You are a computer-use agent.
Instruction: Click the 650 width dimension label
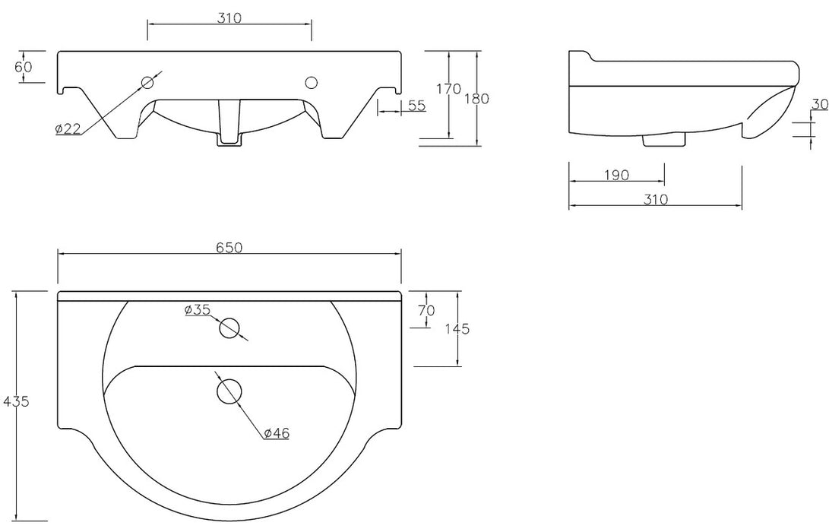pos(229,248)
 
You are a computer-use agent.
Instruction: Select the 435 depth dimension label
pos(16,401)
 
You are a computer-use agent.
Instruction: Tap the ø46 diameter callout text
pos(277,433)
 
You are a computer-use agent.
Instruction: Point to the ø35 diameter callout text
pos(198,310)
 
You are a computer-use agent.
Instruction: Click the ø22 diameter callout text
pos(68,128)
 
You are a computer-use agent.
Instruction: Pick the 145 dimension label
pos(457,329)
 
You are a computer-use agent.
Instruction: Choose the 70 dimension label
pos(426,310)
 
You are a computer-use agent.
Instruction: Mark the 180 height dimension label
pos(477,98)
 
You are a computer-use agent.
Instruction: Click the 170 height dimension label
pos(449,89)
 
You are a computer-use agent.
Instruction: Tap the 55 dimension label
pos(416,105)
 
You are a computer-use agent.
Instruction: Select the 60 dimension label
pos(24,67)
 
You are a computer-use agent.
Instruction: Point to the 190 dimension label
pos(616,175)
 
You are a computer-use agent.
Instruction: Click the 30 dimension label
pos(819,104)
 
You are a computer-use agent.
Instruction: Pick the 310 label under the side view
pos(656,199)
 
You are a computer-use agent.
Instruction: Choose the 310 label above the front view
pos(229,18)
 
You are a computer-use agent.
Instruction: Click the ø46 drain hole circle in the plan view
pos(229,392)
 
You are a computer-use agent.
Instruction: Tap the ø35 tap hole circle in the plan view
pos(229,328)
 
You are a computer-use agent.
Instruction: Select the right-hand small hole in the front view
pos(312,83)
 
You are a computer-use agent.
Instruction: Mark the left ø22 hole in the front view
pos(147,83)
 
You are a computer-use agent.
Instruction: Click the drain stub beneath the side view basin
pos(664,140)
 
